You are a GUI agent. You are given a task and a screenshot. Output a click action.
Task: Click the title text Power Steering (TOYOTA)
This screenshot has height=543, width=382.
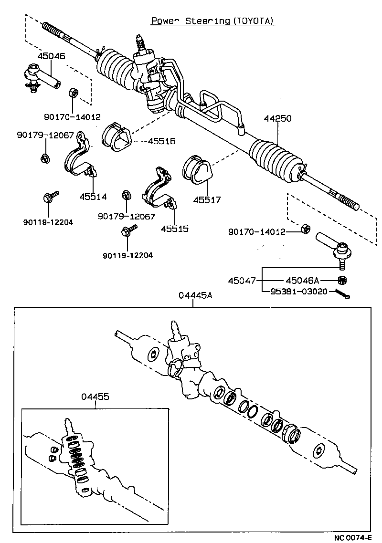pyautogui.click(x=213, y=21)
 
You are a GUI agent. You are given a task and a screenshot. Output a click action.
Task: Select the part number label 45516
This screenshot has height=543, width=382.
pyautogui.click(x=161, y=141)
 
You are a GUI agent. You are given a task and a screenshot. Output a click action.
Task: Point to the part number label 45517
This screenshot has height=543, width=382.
pyautogui.click(x=207, y=200)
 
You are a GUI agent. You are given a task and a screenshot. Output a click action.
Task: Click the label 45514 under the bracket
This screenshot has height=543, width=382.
pyautogui.click(x=93, y=196)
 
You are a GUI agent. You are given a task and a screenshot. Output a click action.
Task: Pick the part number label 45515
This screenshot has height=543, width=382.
pyautogui.click(x=174, y=229)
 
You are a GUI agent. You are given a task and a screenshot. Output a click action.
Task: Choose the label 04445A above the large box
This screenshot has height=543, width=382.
pyautogui.click(x=195, y=296)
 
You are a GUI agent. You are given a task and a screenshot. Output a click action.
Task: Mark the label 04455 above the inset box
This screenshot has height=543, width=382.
pyautogui.click(x=95, y=397)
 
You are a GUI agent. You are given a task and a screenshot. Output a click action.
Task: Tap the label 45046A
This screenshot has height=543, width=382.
pyautogui.click(x=302, y=281)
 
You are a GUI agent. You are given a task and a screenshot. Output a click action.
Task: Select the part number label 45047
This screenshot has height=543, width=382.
pyautogui.click(x=242, y=281)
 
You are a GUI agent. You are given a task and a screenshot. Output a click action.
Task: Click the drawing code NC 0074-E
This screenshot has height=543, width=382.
pyautogui.click(x=352, y=538)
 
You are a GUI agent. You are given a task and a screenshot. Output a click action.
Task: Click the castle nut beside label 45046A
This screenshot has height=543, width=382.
pyautogui.click(x=341, y=280)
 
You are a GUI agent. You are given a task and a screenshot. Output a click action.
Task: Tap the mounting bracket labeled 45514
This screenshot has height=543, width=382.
pyautogui.click(x=78, y=158)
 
